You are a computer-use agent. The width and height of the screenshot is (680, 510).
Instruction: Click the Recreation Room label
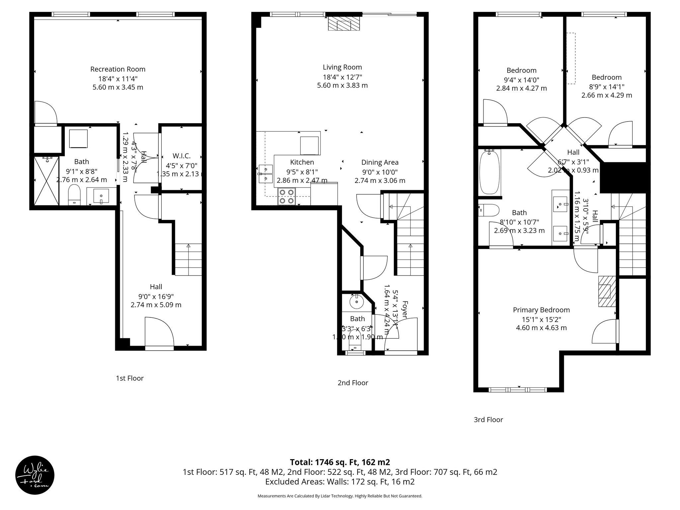(x=118, y=69)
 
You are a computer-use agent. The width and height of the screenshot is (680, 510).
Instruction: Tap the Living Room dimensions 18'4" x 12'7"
(x=342, y=77)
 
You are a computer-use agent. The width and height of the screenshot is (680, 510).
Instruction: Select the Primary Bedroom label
(x=541, y=310)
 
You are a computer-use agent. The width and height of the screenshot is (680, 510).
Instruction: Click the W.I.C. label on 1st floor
(x=181, y=156)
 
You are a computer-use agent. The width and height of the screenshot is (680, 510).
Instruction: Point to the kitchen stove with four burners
(x=287, y=196)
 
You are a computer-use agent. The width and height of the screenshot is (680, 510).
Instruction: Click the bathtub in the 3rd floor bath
(x=490, y=172)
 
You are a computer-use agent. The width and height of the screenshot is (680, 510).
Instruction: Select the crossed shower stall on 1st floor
(x=46, y=181)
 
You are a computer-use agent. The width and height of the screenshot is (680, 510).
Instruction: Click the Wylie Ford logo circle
(x=35, y=475)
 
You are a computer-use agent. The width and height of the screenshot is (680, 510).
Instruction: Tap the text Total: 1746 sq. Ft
(x=340, y=462)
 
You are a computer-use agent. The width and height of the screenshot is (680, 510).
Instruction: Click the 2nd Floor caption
(x=353, y=383)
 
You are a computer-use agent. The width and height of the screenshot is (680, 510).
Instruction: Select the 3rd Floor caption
(x=488, y=420)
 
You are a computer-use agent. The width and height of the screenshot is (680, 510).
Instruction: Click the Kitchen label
(x=302, y=162)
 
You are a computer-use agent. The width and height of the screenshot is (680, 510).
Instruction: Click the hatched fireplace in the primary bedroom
(x=607, y=292)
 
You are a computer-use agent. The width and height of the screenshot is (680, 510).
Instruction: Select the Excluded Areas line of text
(x=340, y=482)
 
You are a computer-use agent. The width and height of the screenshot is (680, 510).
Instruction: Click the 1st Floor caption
(x=129, y=378)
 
